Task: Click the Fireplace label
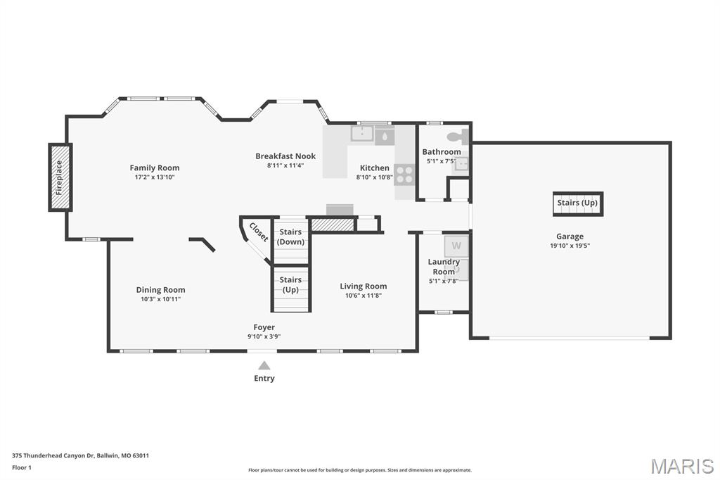click(59, 177)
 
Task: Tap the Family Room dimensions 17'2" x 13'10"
click(154, 177)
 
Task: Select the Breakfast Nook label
click(285, 156)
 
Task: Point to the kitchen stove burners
click(405, 175)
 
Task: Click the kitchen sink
click(362, 134)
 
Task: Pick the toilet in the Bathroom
click(457, 137)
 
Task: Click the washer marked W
click(456, 246)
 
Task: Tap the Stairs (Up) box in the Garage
click(578, 203)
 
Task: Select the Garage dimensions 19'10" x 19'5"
click(570, 246)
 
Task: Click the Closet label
click(259, 232)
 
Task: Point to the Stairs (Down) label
click(290, 236)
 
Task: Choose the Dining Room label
click(161, 290)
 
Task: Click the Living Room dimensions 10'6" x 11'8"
click(364, 295)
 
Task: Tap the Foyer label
click(264, 327)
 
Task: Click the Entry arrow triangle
click(264, 365)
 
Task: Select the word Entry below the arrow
click(264, 378)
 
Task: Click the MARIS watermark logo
click(682, 466)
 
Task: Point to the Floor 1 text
click(22, 467)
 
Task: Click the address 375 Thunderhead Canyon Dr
click(53, 455)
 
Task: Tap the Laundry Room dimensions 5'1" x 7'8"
click(444, 281)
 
